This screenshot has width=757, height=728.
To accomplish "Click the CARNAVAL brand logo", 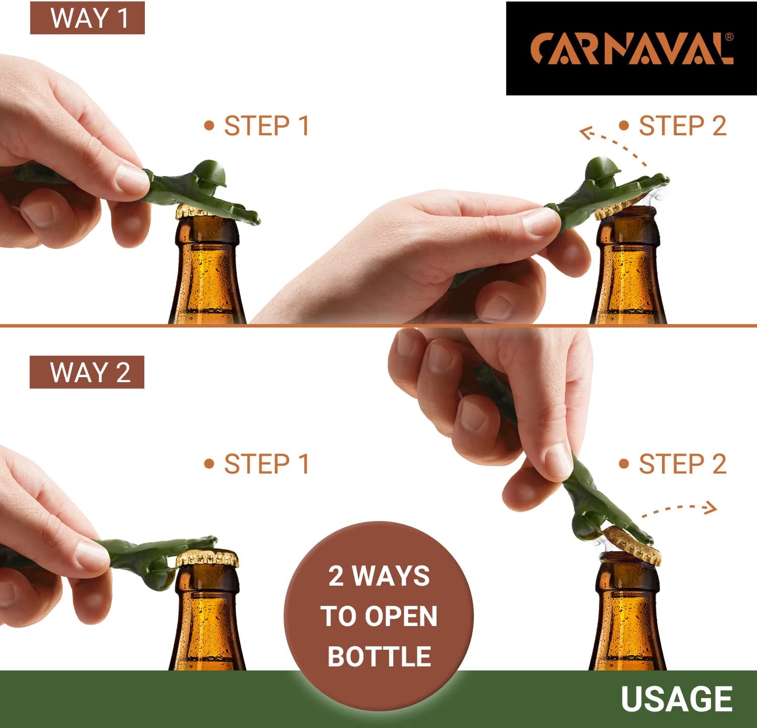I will point(631,49).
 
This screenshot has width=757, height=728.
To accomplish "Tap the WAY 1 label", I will point(88,18).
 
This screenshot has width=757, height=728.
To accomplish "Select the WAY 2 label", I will point(87,373).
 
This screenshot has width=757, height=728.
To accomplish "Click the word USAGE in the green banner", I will point(676,699).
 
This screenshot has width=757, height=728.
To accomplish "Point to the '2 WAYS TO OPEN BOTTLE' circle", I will point(379,616).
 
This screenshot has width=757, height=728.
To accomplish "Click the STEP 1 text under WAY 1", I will point(266,126).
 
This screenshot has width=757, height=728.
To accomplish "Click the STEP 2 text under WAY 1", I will point(682,126).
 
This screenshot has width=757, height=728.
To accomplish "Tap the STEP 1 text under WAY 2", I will point(266,464).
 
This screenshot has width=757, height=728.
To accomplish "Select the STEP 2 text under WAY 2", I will point(682,464).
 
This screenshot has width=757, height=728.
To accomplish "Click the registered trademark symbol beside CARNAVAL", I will point(729,37).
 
